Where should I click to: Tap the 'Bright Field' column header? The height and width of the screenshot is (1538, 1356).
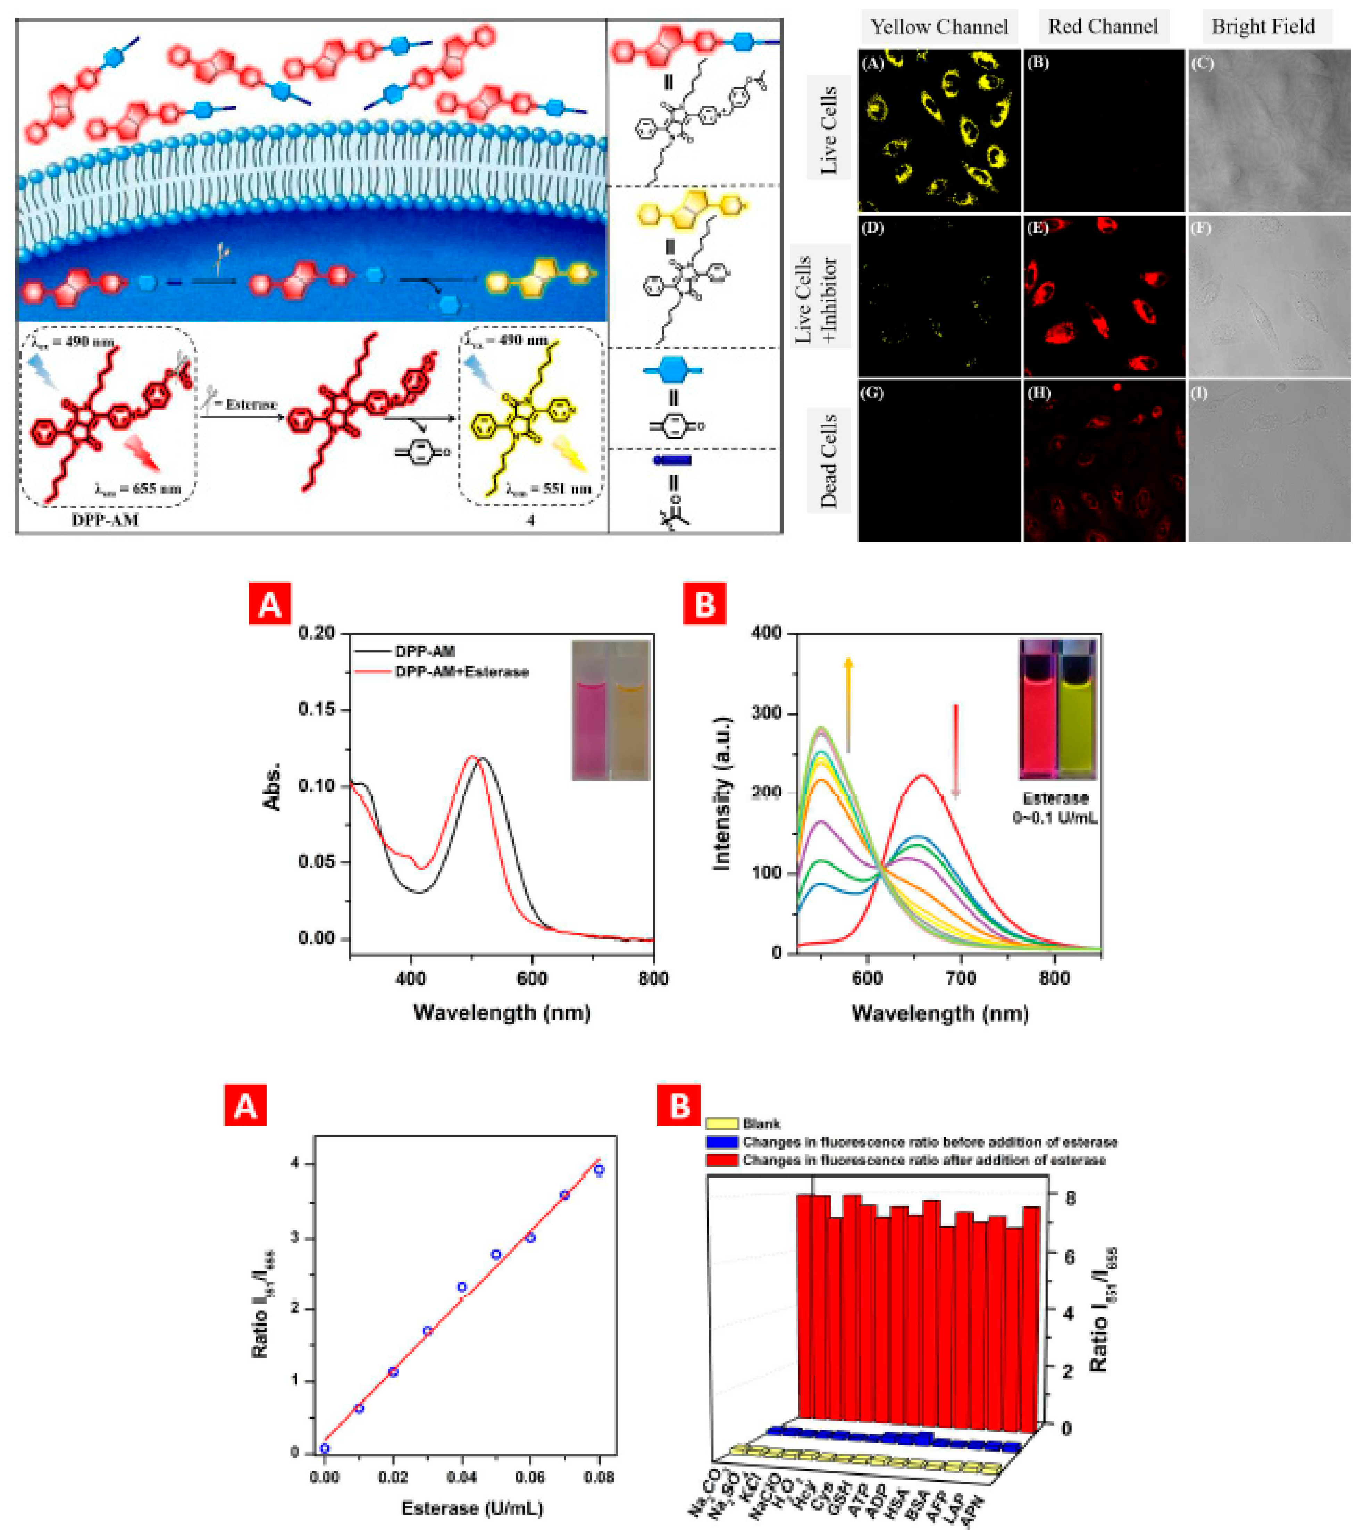[1263, 27]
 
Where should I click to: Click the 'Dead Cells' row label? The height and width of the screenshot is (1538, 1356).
[829, 460]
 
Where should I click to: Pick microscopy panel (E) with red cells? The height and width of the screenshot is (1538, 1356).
[1103, 296]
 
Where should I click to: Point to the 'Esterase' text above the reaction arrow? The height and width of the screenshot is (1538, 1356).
[251, 404]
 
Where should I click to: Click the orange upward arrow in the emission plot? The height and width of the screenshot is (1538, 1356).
[848, 703]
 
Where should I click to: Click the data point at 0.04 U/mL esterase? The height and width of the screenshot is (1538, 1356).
[462, 1287]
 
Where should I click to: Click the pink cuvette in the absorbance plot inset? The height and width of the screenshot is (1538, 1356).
[591, 726]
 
